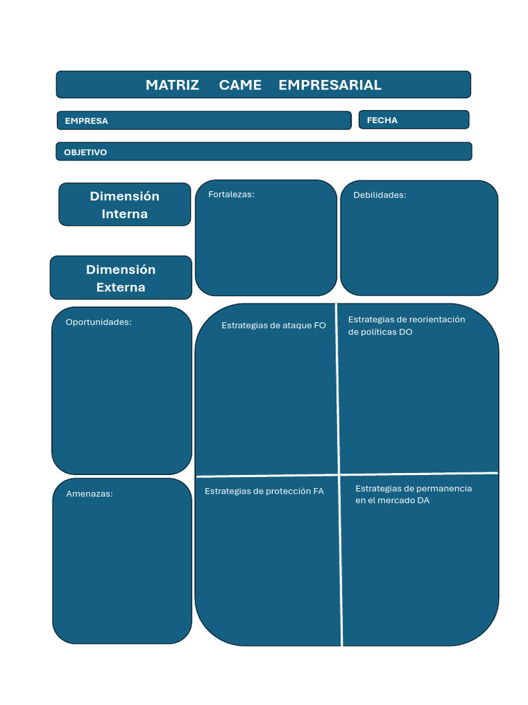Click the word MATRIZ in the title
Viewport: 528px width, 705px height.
[x=172, y=85]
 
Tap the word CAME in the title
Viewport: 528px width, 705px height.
[x=240, y=85]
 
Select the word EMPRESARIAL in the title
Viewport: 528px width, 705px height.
[x=329, y=85]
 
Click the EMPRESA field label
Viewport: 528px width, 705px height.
[x=87, y=120]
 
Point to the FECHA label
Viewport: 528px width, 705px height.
[x=382, y=120]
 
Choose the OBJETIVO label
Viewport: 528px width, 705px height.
[x=85, y=152]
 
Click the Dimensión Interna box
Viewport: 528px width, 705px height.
[x=124, y=204]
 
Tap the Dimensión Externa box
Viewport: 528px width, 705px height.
[x=121, y=277]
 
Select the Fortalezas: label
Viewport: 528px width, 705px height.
[x=231, y=194]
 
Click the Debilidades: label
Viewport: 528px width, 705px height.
[x=379, y=195]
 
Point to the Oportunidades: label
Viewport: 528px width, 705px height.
[x=98, y=322]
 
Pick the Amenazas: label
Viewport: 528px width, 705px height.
[x=89, y=494]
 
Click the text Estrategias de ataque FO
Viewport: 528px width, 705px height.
[x=274, y=325]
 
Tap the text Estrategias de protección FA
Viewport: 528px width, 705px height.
[x=264, y=491]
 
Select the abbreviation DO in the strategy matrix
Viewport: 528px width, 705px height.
[x=406, y=332]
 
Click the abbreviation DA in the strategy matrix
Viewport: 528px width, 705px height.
[x=422, y=501]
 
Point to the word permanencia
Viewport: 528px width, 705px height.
[x=443, y=488]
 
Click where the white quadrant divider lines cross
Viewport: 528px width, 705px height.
[x=339, y=474]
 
